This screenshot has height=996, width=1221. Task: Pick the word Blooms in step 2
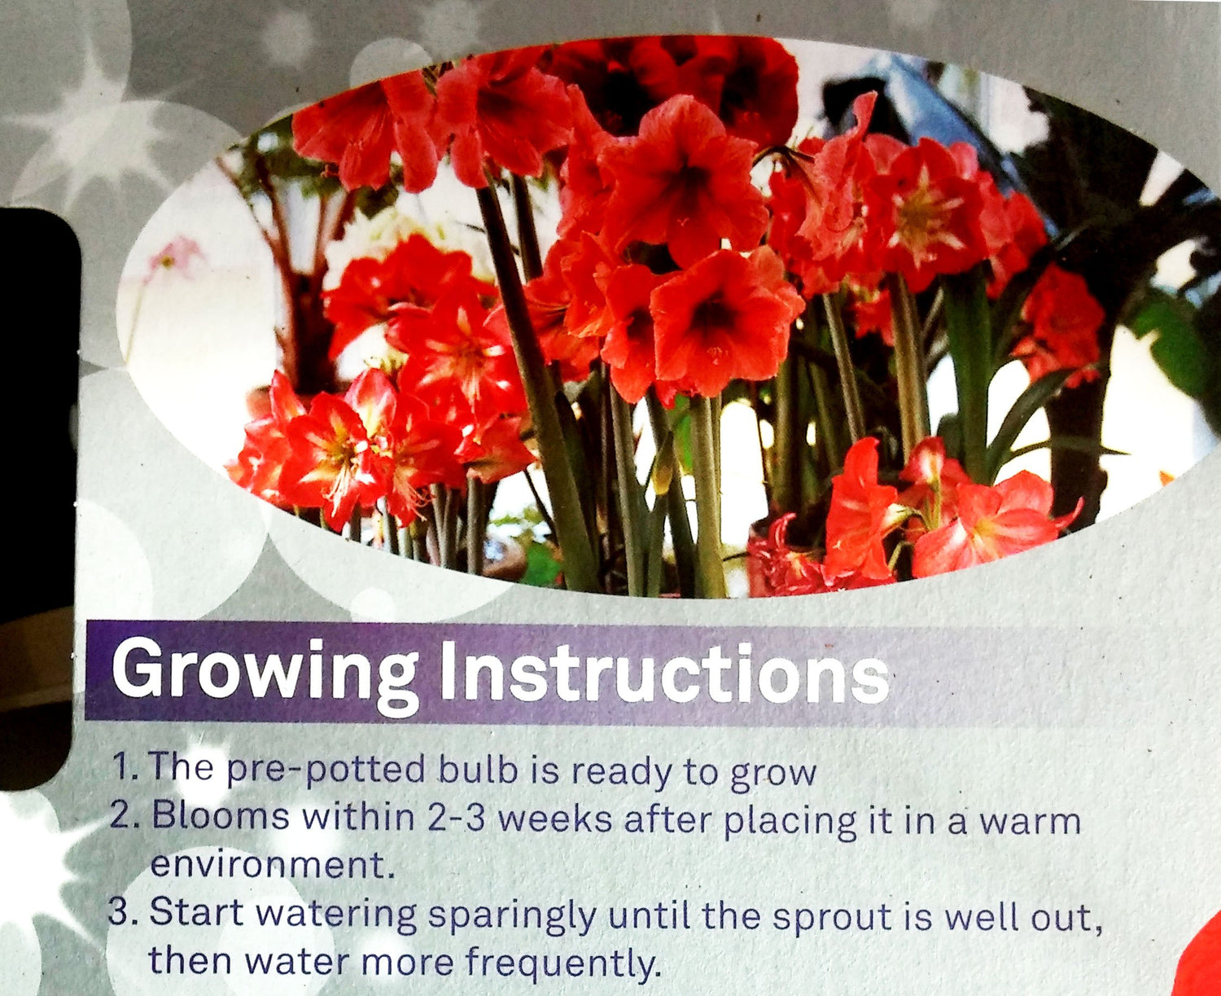click(x=221, y=816)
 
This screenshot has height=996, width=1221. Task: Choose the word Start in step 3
click(x=196, y=910)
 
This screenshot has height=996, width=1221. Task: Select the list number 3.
click(x=123, y=910)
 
